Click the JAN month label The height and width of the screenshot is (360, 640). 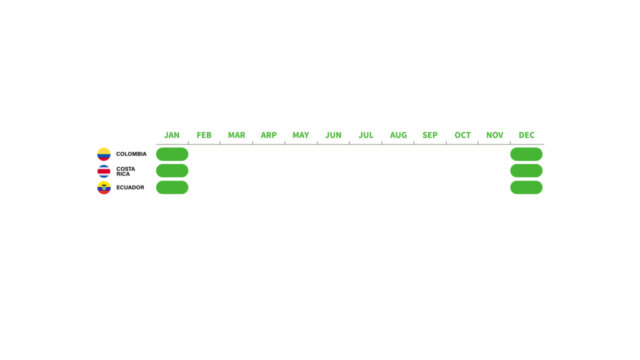tap(172, 135)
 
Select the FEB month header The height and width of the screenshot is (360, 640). tap(204, 135)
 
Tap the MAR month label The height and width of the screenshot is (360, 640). tap(236, 135)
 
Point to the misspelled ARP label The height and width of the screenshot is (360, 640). tap(269, 135)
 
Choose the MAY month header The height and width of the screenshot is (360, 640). tap(301, 135)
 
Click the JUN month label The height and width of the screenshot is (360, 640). tap(334, 135)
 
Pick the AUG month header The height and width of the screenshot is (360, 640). tap(398, 135)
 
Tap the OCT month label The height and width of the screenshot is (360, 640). tap(462, 135)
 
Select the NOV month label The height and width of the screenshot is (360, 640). tap(495, 135)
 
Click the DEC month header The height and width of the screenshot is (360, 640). tap(526, 135)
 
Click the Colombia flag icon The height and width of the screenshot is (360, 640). tap(104, 154)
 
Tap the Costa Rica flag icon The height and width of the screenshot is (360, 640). tap(104, 171)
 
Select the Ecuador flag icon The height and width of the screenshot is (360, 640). tap(104, 187)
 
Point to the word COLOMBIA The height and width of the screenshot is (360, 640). tap(131, 154)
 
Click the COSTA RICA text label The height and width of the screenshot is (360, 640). tap(126, 171)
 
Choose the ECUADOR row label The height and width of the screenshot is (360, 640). tap(130, 187)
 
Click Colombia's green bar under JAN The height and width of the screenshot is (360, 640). tap(172, 154)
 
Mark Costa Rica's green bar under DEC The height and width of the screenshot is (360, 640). tap(526, 171)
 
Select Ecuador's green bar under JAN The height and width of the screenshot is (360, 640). tap(172, 187)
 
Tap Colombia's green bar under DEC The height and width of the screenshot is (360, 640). tap(526, 154)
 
